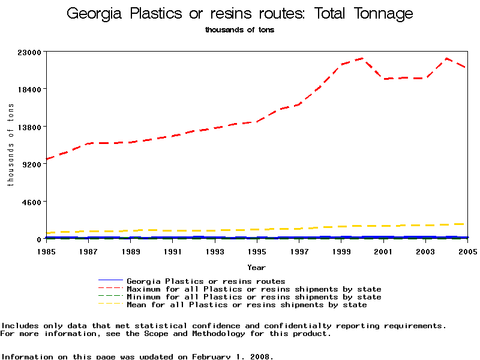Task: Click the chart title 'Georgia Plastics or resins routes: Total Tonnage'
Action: point(239,13)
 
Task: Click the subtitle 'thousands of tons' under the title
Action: point(239,29)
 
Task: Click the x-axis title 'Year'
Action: point(257,267)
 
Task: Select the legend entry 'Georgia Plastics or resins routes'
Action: point(206,281)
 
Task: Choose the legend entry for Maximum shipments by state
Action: point(254,289)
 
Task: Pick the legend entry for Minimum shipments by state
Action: point(254,297)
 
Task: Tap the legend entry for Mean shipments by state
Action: point(247,305)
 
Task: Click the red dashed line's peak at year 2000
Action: point(362,59)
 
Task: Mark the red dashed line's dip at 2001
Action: point(383,79)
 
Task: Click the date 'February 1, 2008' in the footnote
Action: point(232,356)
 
